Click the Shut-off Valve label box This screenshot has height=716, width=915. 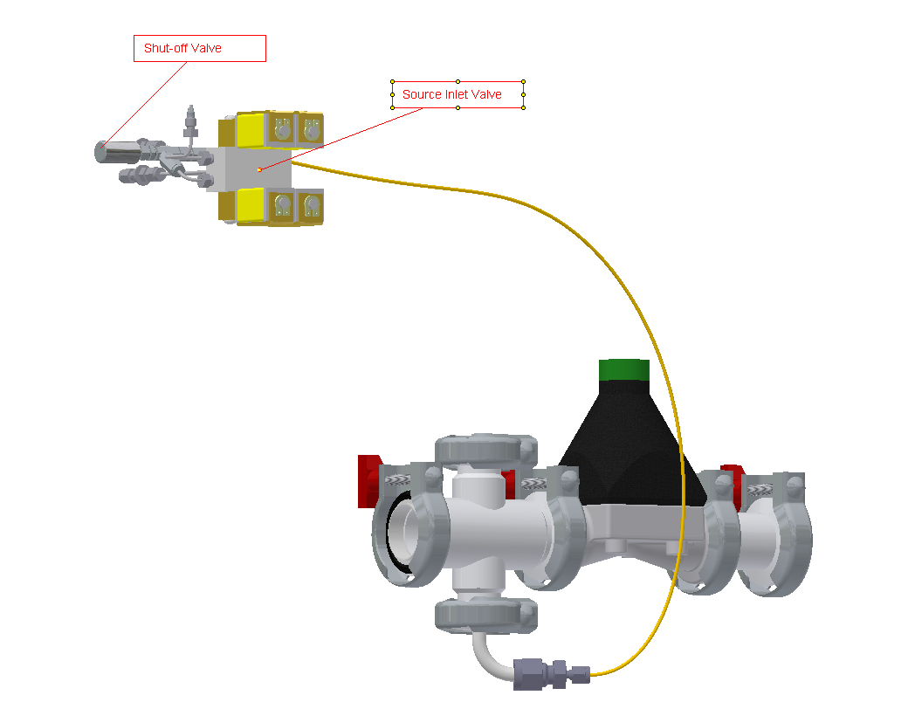coord(199,48)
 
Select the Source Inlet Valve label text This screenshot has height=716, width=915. coord(451,94)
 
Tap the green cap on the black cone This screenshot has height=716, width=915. coord(624,370)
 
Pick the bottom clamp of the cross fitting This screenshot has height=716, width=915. coord(485,614)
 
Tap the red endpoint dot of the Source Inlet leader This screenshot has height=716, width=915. coord(259,169)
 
